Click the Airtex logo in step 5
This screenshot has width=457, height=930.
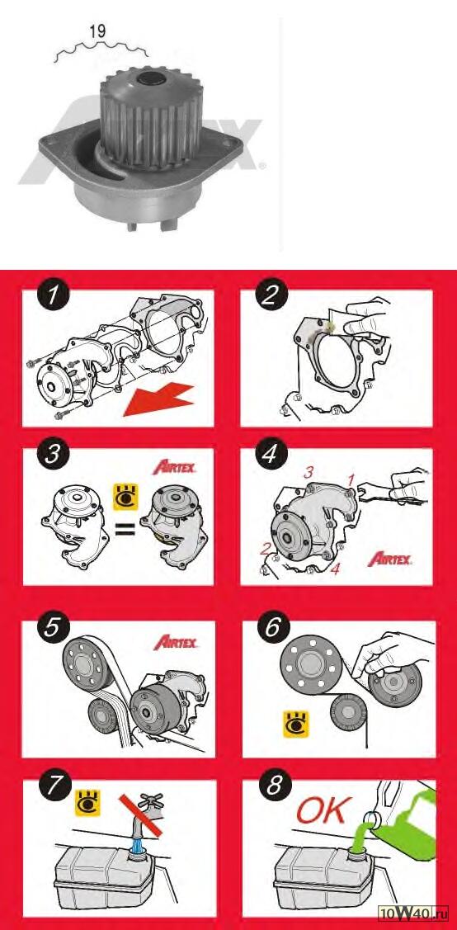(176, 642)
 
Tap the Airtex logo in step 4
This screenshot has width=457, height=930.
(389, 559)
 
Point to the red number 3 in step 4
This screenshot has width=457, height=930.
(309, 473)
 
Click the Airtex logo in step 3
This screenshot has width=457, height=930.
(175, 467)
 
